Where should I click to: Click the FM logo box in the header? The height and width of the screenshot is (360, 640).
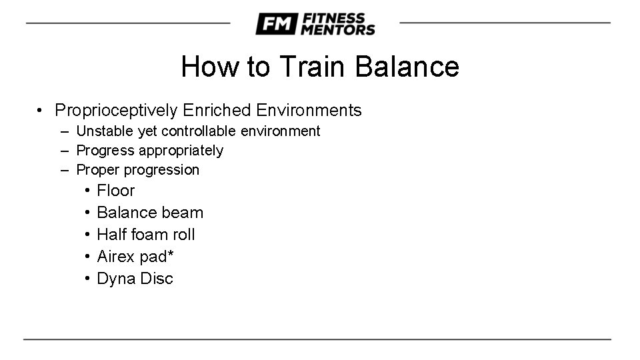coord(275,24)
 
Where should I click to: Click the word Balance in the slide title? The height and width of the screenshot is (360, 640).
coord(407,67)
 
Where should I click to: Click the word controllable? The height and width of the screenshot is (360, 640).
coord(199,131)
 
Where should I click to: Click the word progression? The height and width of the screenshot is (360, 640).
coord(166,170)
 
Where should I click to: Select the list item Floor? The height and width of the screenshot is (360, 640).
coord(116,191)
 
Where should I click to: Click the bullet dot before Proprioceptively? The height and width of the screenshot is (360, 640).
coord(41,111)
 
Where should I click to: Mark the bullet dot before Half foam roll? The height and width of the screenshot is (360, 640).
coord(87,235)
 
